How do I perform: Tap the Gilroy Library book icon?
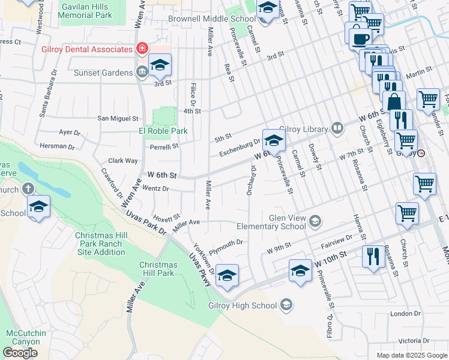337,128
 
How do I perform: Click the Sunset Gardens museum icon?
142,73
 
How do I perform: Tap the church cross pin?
28,189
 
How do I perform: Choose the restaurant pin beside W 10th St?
374,257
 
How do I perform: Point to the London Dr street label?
405,313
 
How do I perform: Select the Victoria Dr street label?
414,340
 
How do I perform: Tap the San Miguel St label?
119,119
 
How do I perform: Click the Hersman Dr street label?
57,146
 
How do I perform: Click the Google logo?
20,352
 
